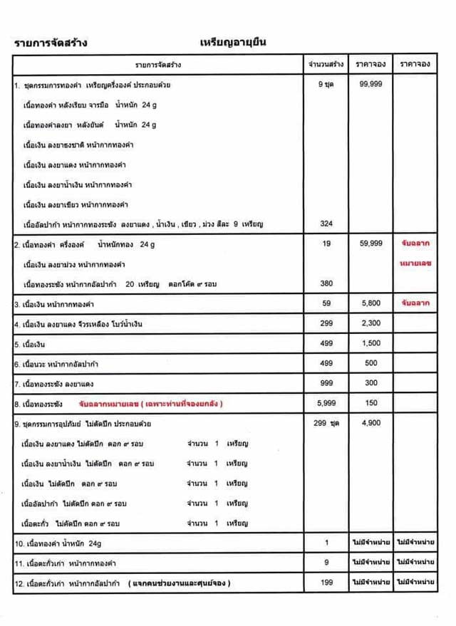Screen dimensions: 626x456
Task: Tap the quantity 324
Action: click(x=326, y=224)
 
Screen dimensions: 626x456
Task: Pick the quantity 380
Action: click(x=326, y=283)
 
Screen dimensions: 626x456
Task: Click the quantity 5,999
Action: click(x=326, y=403)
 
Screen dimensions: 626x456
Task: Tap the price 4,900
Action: click(x=371, y=423)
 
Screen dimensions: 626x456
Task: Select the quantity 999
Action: click(x=326, y=383)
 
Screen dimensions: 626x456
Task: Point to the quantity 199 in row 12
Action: click(x=326, y=583)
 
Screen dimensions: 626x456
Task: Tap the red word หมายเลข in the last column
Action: click(x=417, y=264)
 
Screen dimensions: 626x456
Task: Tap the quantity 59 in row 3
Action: click(x=326, y=304)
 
